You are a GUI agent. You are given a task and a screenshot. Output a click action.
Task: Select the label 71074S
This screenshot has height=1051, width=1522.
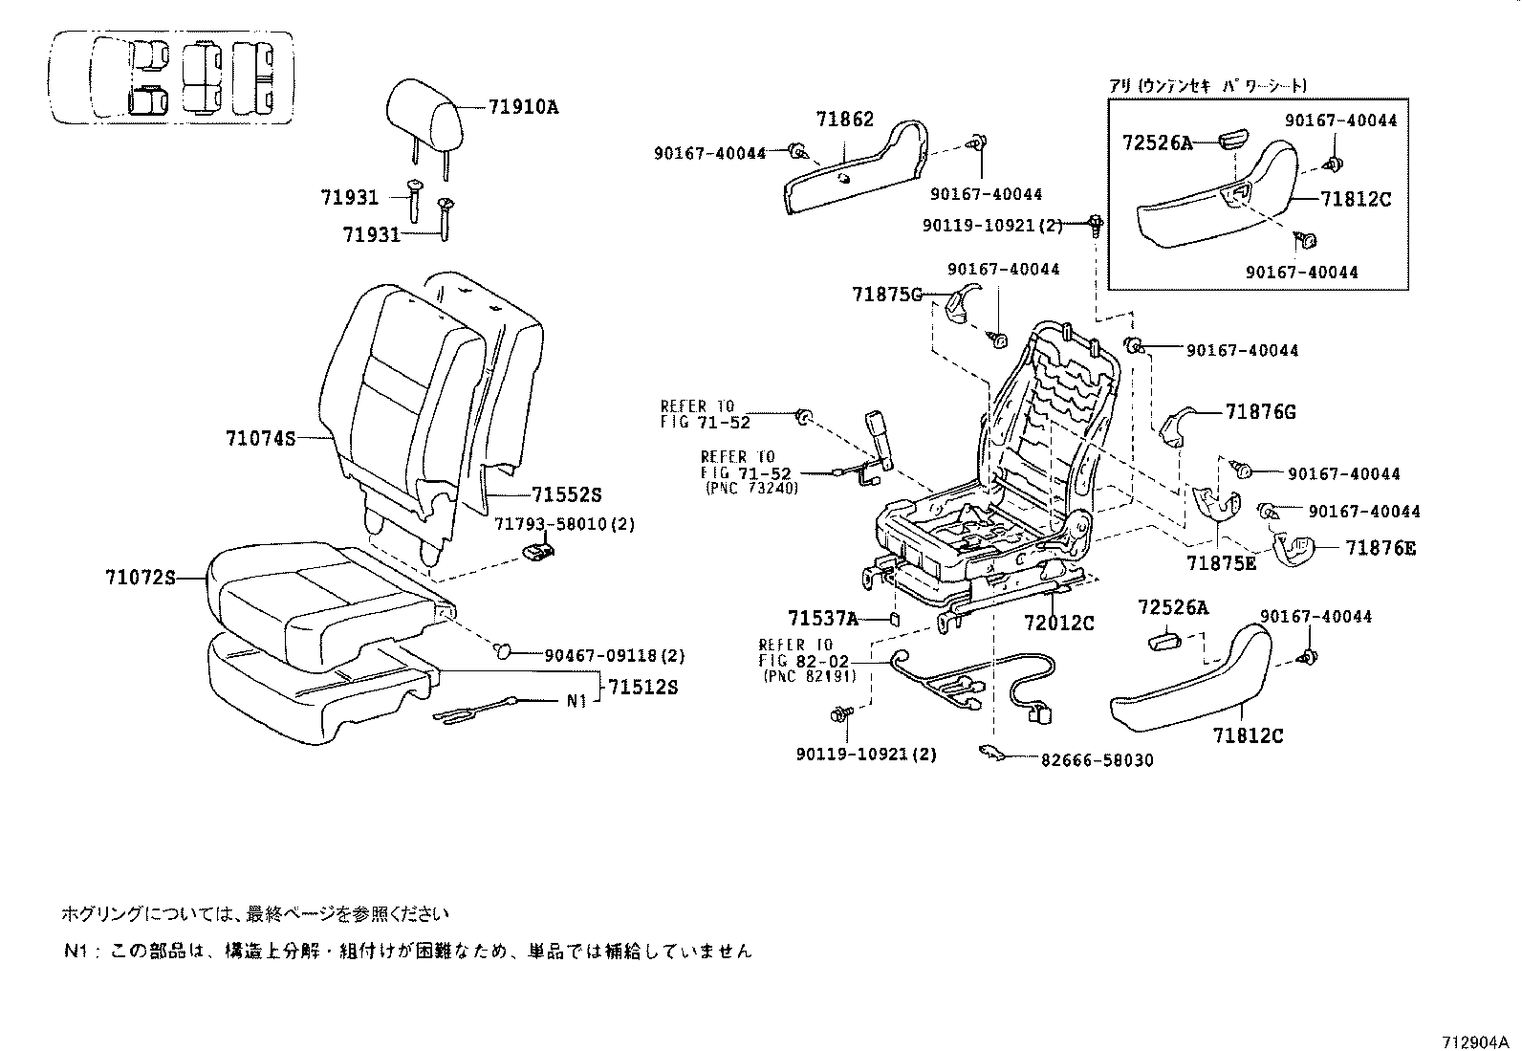coord(260,439)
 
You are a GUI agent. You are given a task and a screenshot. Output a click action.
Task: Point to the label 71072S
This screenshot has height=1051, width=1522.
coord(141,578)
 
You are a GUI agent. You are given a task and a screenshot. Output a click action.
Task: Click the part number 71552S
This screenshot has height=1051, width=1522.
coord(566,494)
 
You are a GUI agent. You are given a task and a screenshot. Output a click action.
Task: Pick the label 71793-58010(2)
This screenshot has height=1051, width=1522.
coord(564,524)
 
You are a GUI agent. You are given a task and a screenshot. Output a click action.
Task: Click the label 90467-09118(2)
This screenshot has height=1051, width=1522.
coord(614,656)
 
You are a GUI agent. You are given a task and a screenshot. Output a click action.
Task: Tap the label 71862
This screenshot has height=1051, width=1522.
coord(844,120)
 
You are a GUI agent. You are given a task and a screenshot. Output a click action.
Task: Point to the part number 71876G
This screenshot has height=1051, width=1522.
coord(1261,412)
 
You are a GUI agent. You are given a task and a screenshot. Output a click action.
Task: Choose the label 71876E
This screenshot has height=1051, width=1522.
coord(1381,548)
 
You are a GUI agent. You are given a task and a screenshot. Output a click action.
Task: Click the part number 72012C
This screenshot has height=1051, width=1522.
coord(1058,623)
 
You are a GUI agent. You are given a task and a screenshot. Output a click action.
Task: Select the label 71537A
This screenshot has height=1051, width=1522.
coord(823,618)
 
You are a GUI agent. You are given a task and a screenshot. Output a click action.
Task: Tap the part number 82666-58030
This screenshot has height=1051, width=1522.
coord(1096,760)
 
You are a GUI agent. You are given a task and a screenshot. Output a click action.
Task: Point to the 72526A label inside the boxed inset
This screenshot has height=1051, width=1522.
coord(1157,142)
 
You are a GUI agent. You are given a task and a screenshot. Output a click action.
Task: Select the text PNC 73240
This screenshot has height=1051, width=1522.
coord(751,487)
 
